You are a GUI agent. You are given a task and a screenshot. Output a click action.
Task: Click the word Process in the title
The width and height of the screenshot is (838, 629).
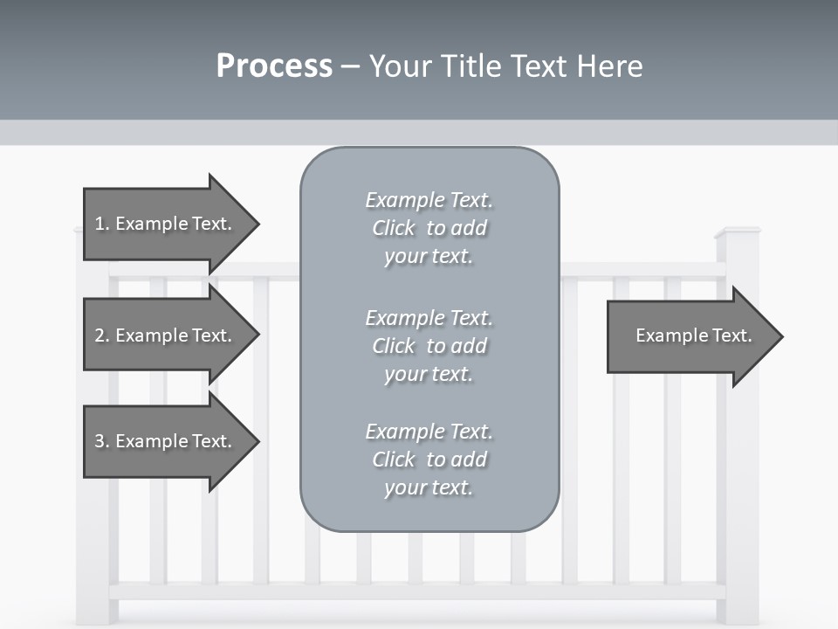[274, 66]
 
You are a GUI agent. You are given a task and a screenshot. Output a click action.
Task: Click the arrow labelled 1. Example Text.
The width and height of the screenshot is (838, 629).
[166, 224]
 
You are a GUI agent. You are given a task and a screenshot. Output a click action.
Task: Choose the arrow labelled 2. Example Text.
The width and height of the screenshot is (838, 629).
[166, 335]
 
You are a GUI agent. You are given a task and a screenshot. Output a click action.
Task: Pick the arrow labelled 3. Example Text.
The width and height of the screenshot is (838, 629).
[166, 441]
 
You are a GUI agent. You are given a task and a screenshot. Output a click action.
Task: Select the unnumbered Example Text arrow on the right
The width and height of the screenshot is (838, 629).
[690, 336]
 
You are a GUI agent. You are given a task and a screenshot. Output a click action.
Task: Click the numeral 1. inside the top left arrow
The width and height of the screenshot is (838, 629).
[101, 224]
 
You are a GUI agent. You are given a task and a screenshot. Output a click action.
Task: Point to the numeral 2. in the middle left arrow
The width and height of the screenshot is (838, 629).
[101, 335]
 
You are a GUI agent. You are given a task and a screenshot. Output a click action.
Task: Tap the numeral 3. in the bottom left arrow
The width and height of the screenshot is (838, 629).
[101, 441]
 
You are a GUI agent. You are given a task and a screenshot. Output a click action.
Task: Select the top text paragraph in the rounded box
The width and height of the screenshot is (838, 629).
[429, 228]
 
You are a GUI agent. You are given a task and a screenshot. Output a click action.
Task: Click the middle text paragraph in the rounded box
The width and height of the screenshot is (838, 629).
[429, 345]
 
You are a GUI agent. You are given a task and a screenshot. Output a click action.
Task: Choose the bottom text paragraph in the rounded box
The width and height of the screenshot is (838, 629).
[429, 460]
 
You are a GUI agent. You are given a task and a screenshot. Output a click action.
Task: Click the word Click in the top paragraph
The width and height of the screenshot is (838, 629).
[394, 228]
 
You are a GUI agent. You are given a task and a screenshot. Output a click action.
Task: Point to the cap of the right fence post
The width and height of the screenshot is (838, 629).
[738, 232]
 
